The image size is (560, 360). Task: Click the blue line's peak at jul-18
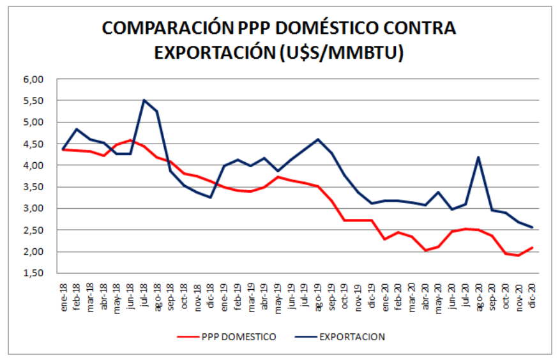click(x=144, y=100)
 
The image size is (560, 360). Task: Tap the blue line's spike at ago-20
click(x=479, y=157)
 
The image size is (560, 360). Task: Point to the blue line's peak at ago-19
click(x=318, y=139)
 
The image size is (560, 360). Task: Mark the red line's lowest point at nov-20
click(x=519, y=255)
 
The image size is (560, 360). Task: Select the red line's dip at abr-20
click(x=425, y=250)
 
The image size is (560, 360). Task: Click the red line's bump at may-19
click(x=278, y=177)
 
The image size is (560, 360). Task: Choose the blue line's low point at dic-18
click(x=211, y=197)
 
